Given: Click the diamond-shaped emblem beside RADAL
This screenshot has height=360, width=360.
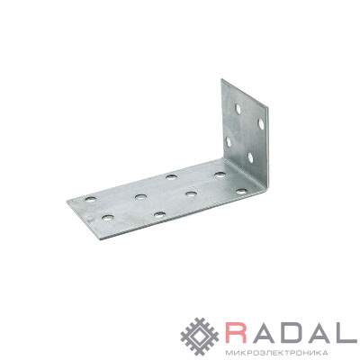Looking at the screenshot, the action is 201,337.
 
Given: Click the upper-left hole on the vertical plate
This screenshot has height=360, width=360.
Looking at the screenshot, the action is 238,109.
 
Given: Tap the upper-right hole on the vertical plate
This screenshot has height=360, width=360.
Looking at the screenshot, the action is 261,124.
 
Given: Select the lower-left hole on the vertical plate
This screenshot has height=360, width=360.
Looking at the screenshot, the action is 229,142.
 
